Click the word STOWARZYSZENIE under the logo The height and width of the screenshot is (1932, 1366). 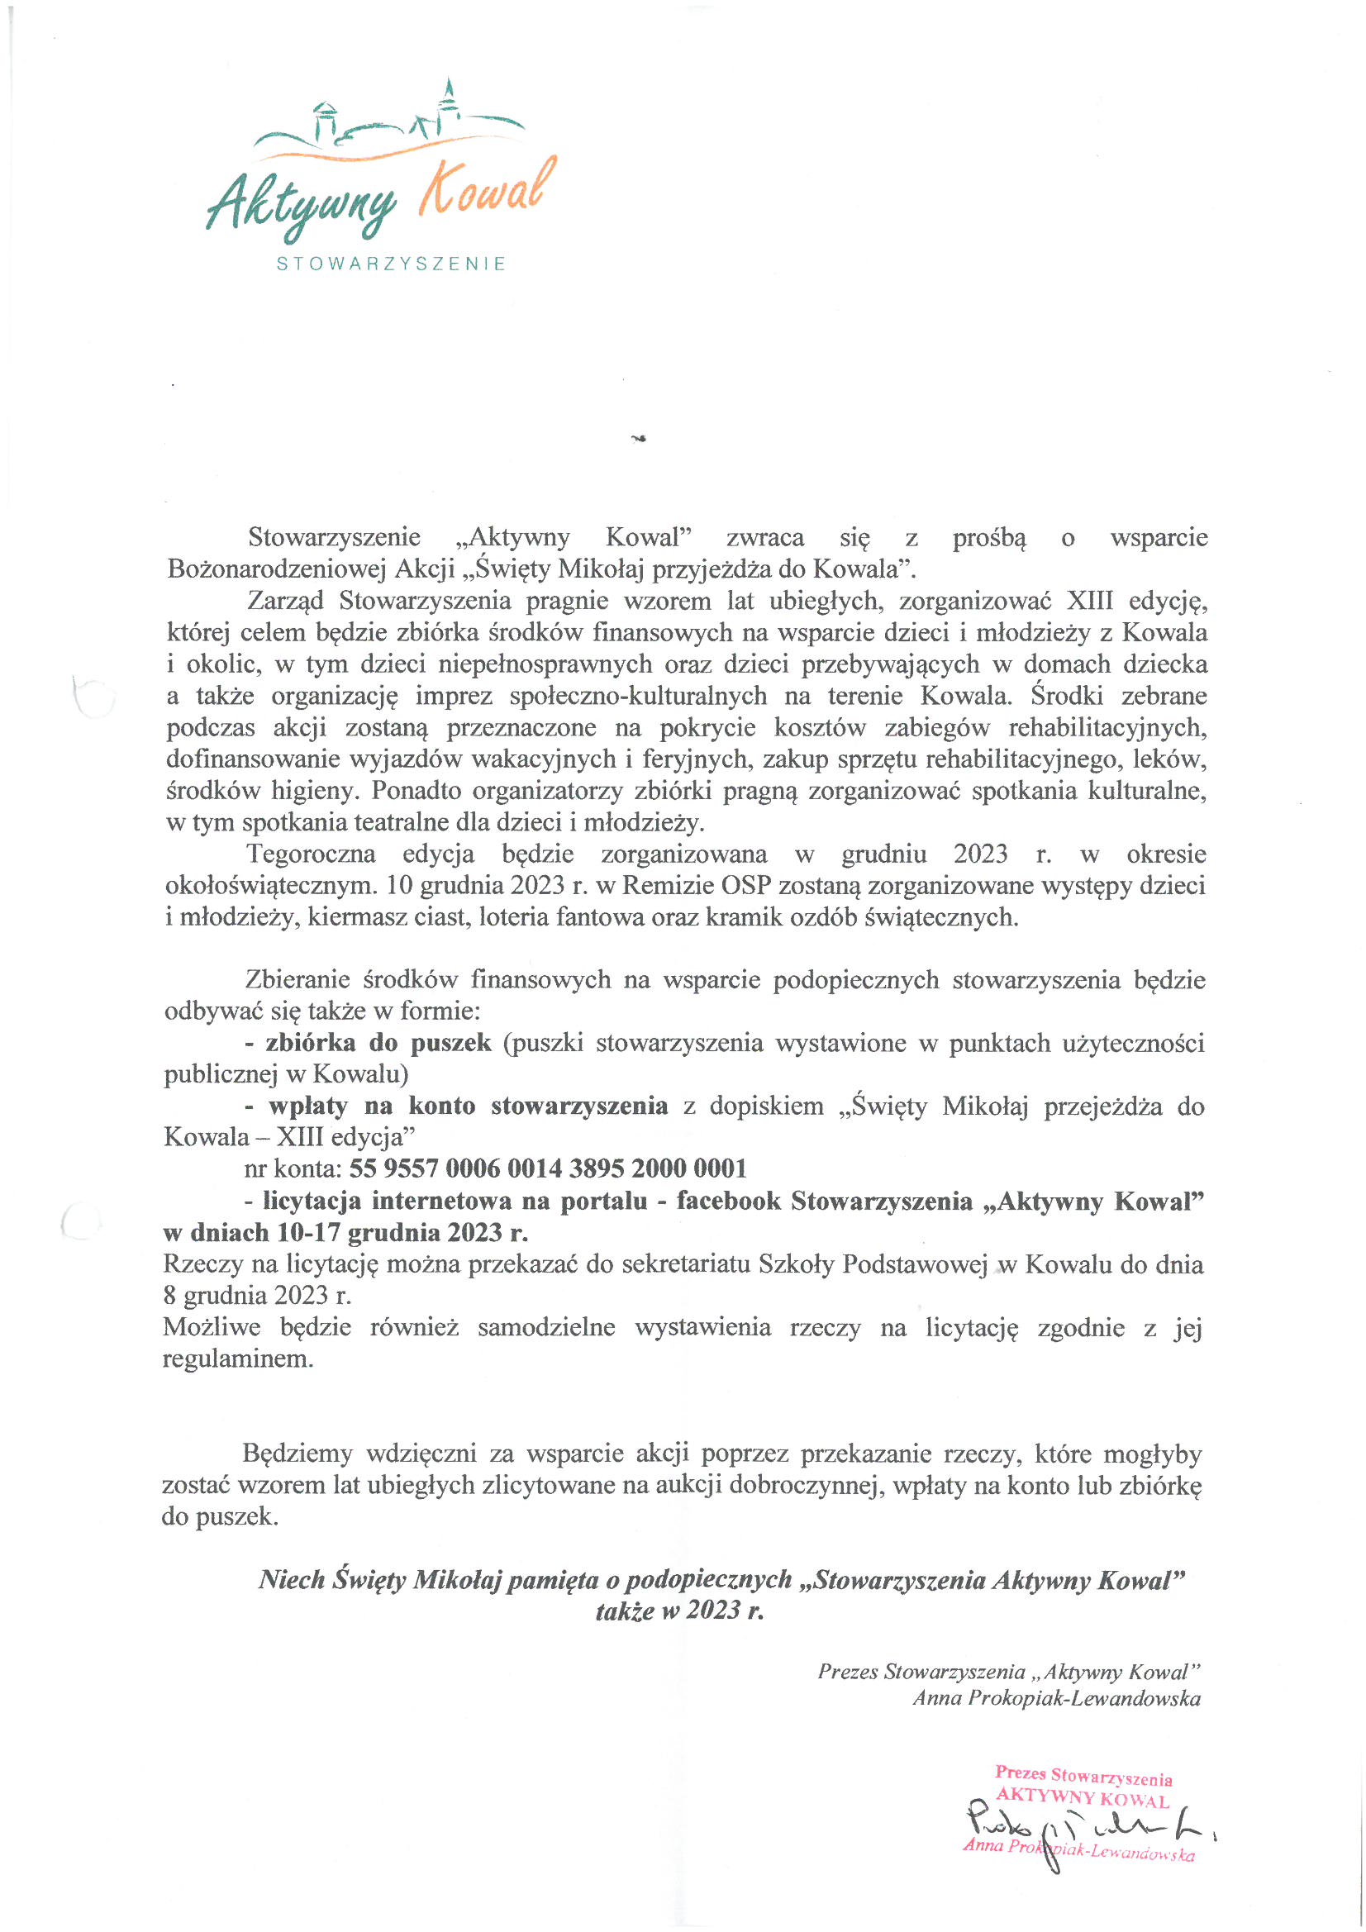coord(392,264)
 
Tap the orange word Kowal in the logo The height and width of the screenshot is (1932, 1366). coord(488,188)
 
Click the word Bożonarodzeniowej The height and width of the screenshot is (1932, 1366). coord(276,569)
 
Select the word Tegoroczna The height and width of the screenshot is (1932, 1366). coord(312,854)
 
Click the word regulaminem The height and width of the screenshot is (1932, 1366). coord(237,1359)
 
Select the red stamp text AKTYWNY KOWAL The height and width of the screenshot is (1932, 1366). coord(1083,1799)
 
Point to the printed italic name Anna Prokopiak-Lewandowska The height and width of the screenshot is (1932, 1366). coord(1056,1698)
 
